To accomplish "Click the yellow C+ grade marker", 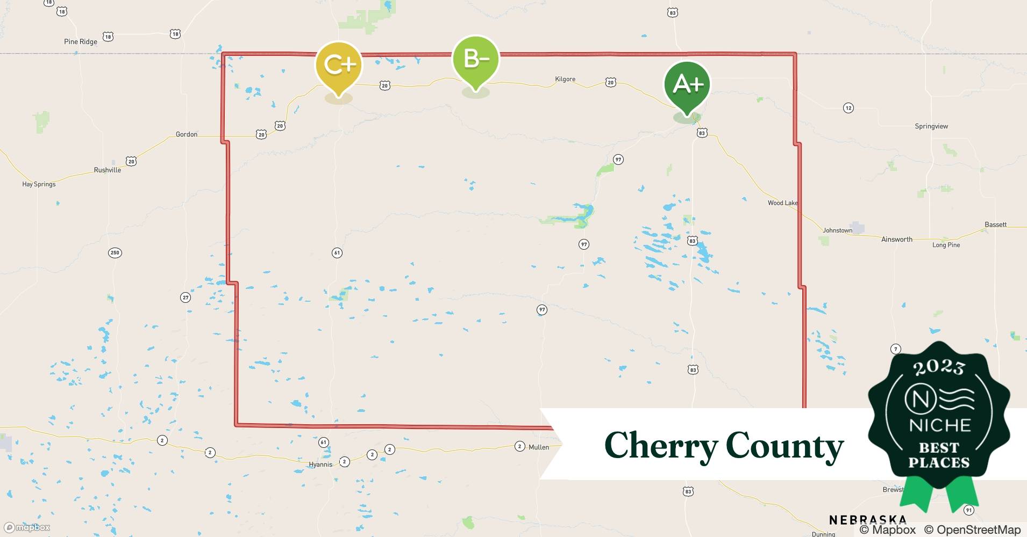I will click(338, 66).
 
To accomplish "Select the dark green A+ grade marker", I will click(687, 84).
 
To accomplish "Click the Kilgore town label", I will click(565, 79).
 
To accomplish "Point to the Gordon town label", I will click(187, 134).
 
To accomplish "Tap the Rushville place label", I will click(108, 170).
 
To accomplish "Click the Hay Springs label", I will click(39, 184).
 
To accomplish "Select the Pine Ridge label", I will click(81, 42).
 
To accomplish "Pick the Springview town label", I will click(931, 127).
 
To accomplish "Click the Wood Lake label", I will click(782, 203).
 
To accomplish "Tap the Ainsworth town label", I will click(896, 240).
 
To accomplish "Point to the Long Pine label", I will click(946, 245).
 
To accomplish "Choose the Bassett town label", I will click(995, 224).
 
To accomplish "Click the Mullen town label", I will click(539, 447).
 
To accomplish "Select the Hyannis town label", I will click(320, 465).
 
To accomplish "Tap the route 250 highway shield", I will click(115, 253).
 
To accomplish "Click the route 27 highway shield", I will click(186, 297).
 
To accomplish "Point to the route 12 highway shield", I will click(848, 108).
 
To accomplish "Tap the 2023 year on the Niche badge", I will click(939, 367).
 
